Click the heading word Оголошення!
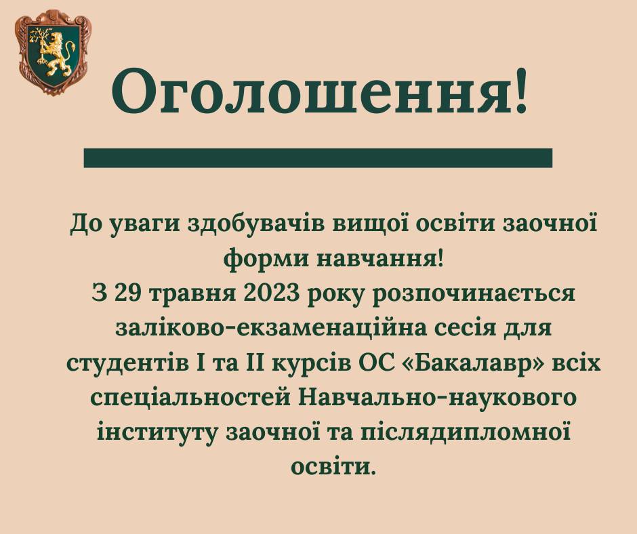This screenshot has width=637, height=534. point(320,91)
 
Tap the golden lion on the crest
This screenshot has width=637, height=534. point(56,50)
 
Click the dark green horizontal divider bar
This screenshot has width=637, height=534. point(318,158)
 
